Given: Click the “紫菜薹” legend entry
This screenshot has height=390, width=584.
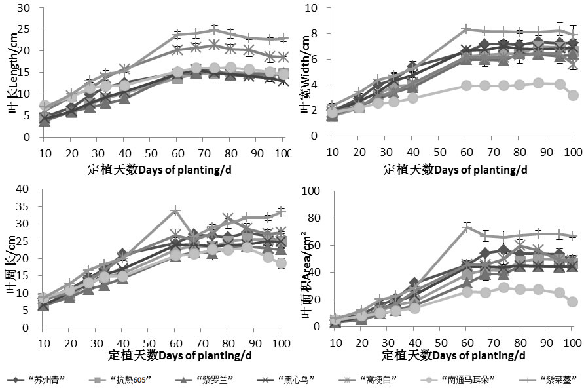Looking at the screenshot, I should [x=550, y=380].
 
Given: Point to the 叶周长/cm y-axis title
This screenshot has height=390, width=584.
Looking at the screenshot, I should [x=13, y=262].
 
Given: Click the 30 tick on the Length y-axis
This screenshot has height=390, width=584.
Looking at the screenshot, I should [x=24, y=9].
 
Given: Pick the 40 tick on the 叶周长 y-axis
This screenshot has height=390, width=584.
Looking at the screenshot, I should [x=24, y=189].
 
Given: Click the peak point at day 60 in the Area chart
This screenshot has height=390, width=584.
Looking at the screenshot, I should [x=466, y=228].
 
